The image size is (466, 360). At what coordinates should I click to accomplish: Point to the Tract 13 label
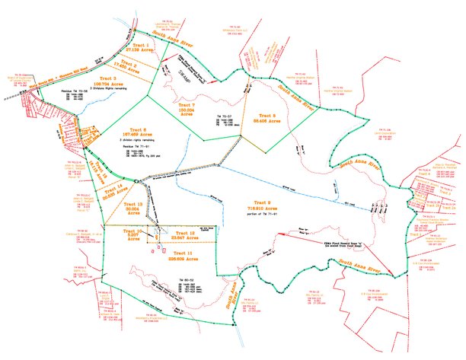pos(134,207)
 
